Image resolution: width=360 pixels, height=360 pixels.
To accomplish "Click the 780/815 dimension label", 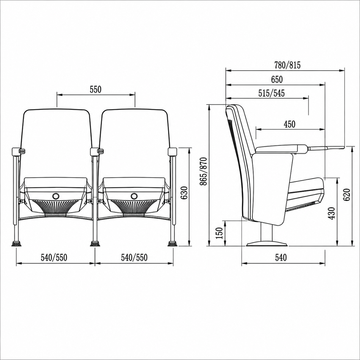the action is click(287, 65).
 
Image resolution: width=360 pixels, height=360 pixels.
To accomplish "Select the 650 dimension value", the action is click(277, 79).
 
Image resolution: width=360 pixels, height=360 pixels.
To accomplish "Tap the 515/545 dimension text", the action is click(272, 93).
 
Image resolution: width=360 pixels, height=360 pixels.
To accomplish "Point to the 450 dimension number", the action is click(290, 124).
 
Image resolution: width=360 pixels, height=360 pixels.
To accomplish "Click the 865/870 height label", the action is click(204, 171).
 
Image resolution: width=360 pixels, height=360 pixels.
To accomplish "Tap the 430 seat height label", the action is click(332, 213).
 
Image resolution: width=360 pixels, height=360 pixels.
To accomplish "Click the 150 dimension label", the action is click(219, 233).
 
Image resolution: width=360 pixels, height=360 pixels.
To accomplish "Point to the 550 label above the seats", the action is click(96, 90).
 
